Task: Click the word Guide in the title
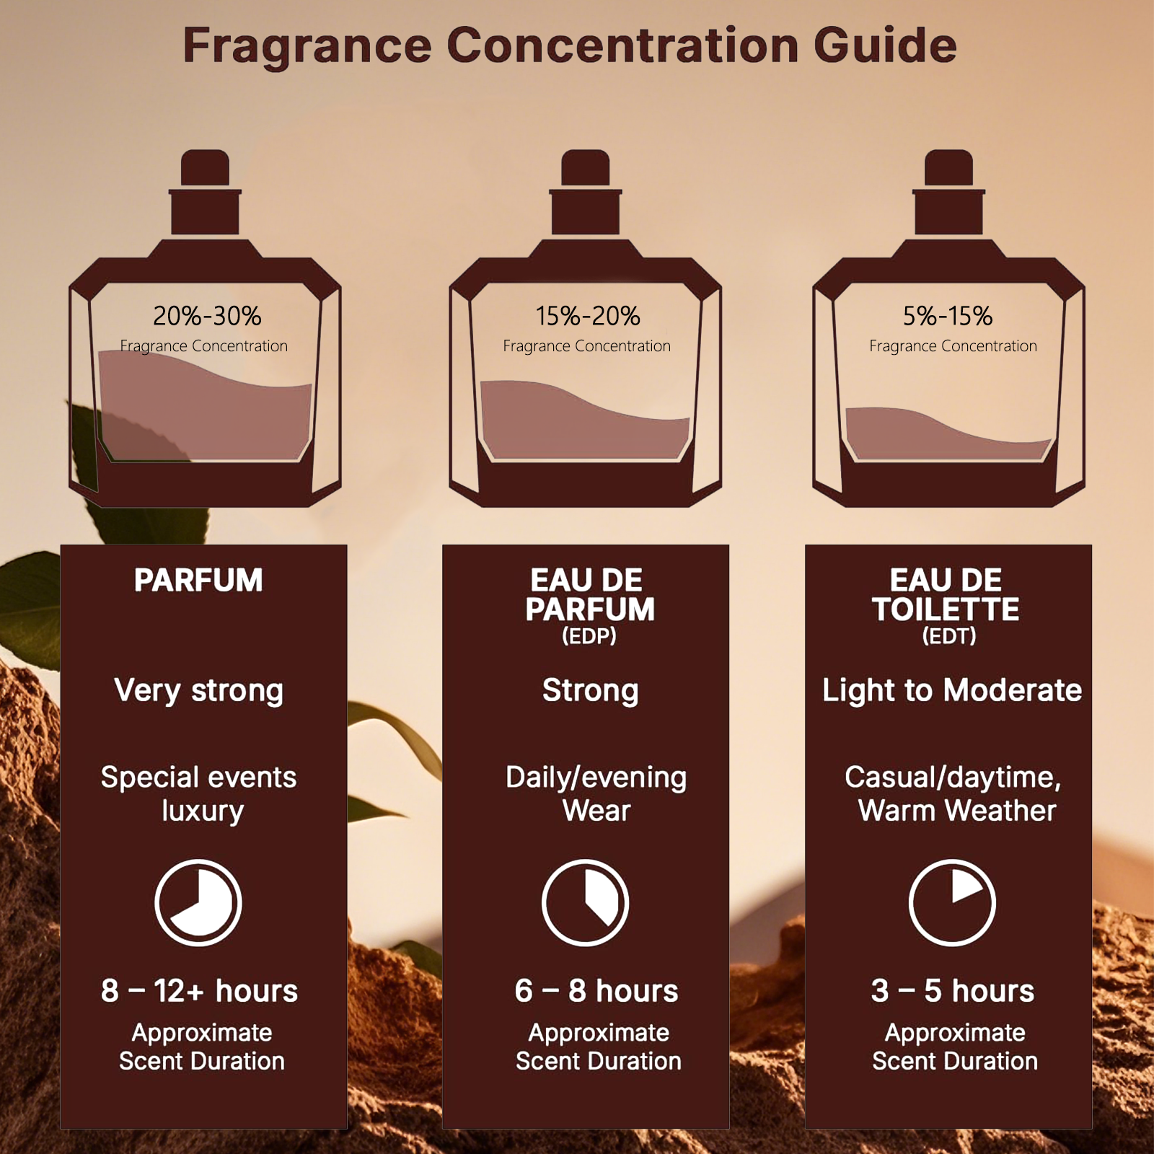point(885,45)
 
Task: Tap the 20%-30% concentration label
point(207,316)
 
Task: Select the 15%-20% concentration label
point(588,316)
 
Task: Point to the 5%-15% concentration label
point(948,316)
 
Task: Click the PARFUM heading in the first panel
point(198,581)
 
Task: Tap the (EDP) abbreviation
point(589,636)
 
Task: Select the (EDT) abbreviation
point(949,636)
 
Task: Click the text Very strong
point(199,691)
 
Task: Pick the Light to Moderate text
point(952,691)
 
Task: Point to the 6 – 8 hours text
point(596,991)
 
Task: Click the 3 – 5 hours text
point(953,991)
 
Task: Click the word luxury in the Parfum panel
point(203,811)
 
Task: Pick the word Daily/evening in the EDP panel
point(596,778)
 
